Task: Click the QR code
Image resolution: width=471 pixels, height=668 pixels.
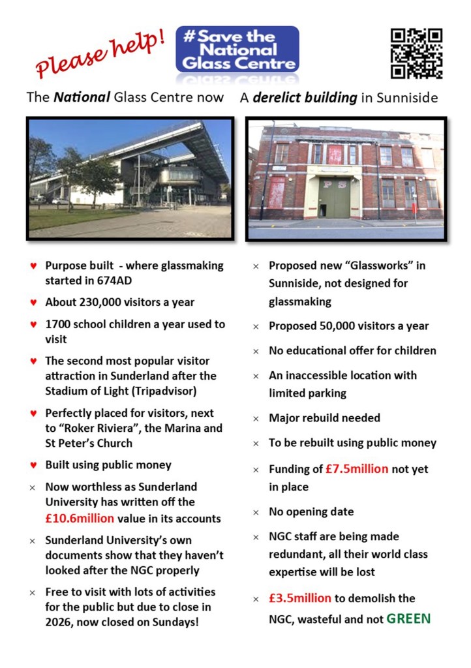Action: [x=416, y=53]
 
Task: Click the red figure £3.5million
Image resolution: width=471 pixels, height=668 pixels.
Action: [x=300, y=598]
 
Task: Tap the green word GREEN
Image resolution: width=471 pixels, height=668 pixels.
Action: [x=408, y=618]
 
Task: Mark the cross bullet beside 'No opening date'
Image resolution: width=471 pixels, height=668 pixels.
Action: [x=256, y=513]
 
